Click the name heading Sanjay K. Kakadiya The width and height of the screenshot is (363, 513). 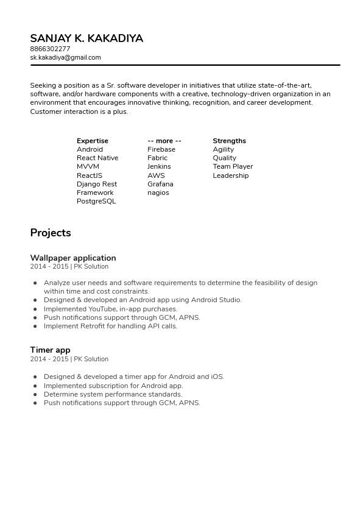[x=86, y=38]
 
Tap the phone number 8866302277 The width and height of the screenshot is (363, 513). [x=50, y=49]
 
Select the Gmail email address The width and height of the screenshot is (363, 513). [x=65, y=57]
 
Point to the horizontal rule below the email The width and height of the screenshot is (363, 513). [x=185, y=65]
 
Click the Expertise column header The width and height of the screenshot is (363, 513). [x=92, y=141]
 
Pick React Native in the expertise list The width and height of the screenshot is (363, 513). [x=97, y=158]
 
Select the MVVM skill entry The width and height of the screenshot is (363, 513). [x=88, y=166]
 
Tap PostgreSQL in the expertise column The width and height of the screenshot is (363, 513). [x=96, y=201]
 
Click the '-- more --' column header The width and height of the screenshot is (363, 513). [x=164, y=141]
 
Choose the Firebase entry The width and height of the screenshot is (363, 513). [x=161, y=149]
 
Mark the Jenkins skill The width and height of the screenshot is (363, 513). [x=159, y=166]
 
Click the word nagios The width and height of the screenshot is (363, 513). [x=158, y=193]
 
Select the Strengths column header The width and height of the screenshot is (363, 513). [x=229, y=141]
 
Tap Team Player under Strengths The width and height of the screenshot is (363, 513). [x=233, y=166]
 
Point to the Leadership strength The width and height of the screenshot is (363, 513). [x=230, y=175]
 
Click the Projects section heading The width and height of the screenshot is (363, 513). [x=51, y=233]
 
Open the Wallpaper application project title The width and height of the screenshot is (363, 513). [x=73, y=258]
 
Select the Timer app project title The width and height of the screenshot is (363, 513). [x=50, y=350]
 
